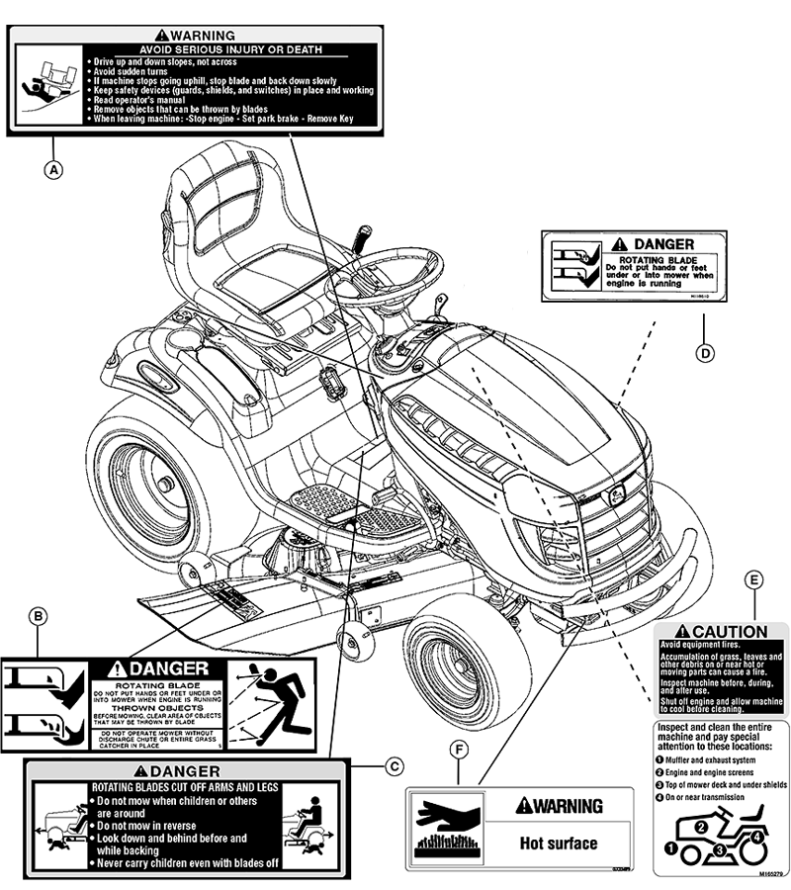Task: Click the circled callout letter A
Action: tap(54, 169)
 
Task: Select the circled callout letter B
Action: tap(39, 618)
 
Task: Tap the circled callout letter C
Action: tap(395, 764)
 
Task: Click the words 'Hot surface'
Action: tap(559, 844)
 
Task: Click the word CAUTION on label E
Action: tap(730, 632)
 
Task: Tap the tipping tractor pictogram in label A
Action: tap(44, 84)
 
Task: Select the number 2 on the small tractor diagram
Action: tap(700, 828)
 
